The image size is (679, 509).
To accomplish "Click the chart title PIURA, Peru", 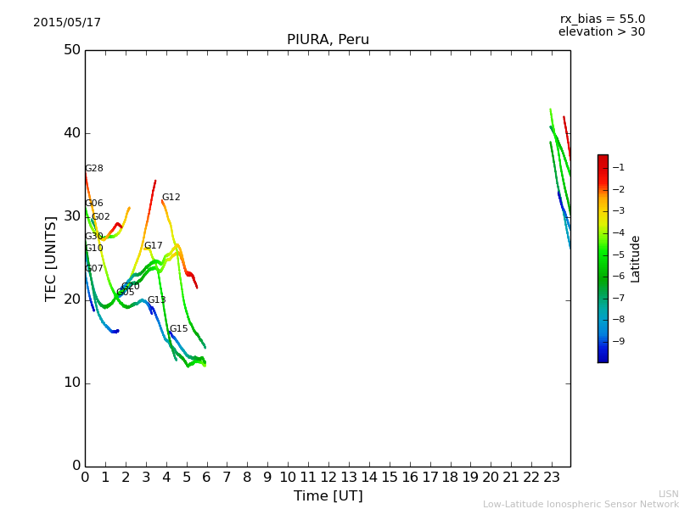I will (x=328, y=40).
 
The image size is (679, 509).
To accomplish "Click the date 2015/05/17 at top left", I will (x=67, y=22).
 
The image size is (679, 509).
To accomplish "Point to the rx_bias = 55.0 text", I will (x=602, y=19).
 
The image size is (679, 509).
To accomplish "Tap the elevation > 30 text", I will (x=602, y=32).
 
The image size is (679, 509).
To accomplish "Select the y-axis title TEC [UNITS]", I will (x=51, y=258).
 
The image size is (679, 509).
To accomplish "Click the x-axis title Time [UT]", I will (x=328, y=495).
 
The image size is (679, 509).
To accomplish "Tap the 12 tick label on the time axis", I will (x=328, y=477).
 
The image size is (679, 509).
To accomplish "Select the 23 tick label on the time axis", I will (x=552, y=477).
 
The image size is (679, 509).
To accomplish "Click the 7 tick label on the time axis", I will (x=227, y=477).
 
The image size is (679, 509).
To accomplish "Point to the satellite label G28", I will (x=94, y=169).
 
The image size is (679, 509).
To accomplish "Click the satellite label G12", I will (x=171, y=198).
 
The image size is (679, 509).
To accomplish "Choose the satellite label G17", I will (x=153, y=246).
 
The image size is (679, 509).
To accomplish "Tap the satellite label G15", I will (x=178, y=329).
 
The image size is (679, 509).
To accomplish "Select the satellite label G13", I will (x=156, y=300).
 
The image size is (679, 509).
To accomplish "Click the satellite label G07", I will (x=94, y=269).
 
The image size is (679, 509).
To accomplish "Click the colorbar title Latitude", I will (x=636, y=258).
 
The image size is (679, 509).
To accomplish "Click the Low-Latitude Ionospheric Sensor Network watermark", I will (x=581, y=504).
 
